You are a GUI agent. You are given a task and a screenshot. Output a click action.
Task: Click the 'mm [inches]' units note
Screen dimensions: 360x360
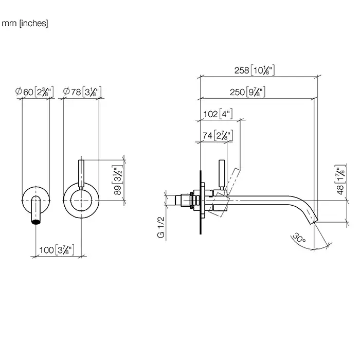[x=25, y=23]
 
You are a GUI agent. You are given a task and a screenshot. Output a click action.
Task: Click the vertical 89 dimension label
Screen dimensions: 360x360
[x=117, y=181]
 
